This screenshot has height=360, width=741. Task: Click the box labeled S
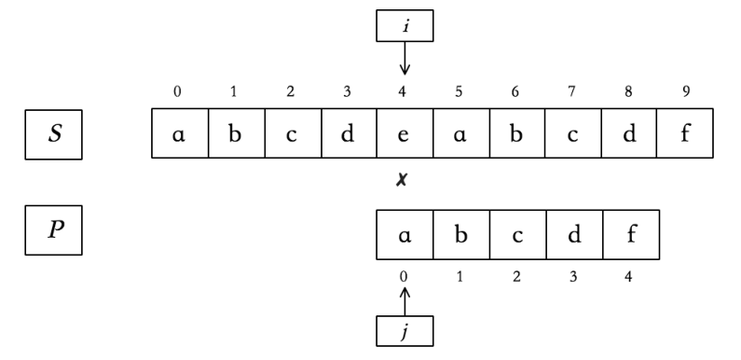coord(54,133)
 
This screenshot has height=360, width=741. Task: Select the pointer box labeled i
coord(405,27)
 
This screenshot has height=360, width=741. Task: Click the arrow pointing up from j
coord(405,300)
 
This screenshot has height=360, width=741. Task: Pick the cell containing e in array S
coord(405,134)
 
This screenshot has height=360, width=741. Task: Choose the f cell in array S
coord(687,134)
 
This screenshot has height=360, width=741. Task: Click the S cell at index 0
coord(178,134)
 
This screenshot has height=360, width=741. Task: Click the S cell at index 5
coord(461,134)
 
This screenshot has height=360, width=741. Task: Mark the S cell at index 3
coord(348,134)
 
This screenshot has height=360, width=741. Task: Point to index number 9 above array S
coord(687,92)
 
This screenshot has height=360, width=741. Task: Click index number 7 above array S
coord(574,92)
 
